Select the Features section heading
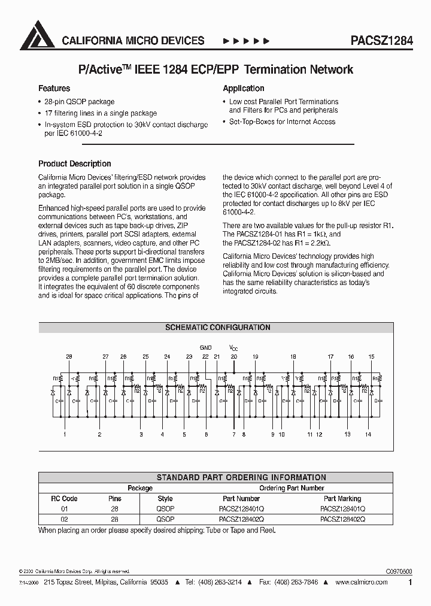pos(54,88)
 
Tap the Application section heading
pos(243,88)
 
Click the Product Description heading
pos(74,163)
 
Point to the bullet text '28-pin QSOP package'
pos(79,102)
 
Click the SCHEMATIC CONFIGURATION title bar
pos(217,328)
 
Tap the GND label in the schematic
pos(205,347)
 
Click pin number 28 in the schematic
pos(69,357)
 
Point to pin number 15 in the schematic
pos(371,357)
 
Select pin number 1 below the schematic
pos(65,434)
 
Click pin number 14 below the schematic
pos(368,434)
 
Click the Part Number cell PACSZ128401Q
pos(241,509)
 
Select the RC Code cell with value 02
pos(65,520)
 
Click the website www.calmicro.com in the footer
pos(360,581)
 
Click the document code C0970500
pos(395,572)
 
